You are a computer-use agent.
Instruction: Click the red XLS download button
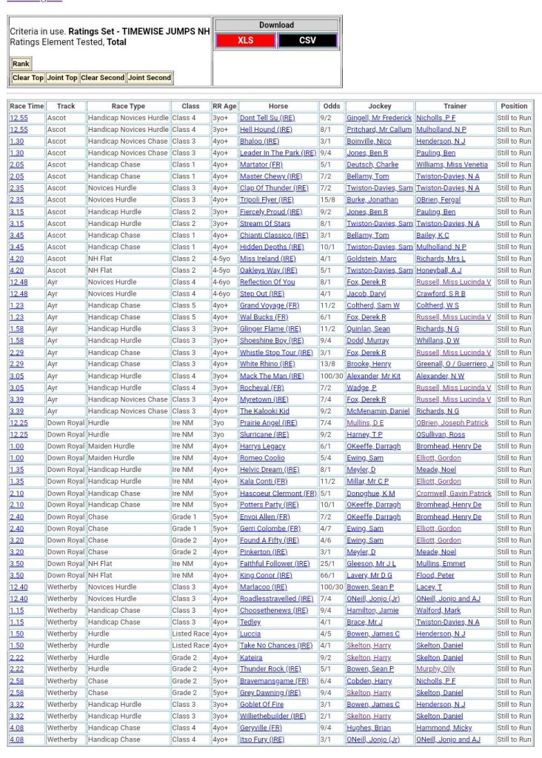coord(245,41)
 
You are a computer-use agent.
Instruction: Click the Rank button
coord(21,64)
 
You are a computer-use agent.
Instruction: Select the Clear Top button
coord(27,78)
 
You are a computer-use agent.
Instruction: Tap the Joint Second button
coord(149,78)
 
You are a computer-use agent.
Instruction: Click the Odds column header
coord(332,106)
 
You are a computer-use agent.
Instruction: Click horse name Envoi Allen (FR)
coord(264,516)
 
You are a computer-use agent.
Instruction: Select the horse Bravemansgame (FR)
coord(273,681)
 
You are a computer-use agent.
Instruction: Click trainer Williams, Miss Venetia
coord(452,164)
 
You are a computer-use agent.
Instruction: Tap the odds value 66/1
coord(326,575)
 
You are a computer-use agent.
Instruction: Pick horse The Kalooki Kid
coord(264,411)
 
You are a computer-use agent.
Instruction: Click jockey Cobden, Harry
coord(369,681)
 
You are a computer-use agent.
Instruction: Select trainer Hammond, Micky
coord(444,728)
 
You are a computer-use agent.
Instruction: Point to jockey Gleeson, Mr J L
coord(371,564)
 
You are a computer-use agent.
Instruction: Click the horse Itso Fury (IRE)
coord(261,739)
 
